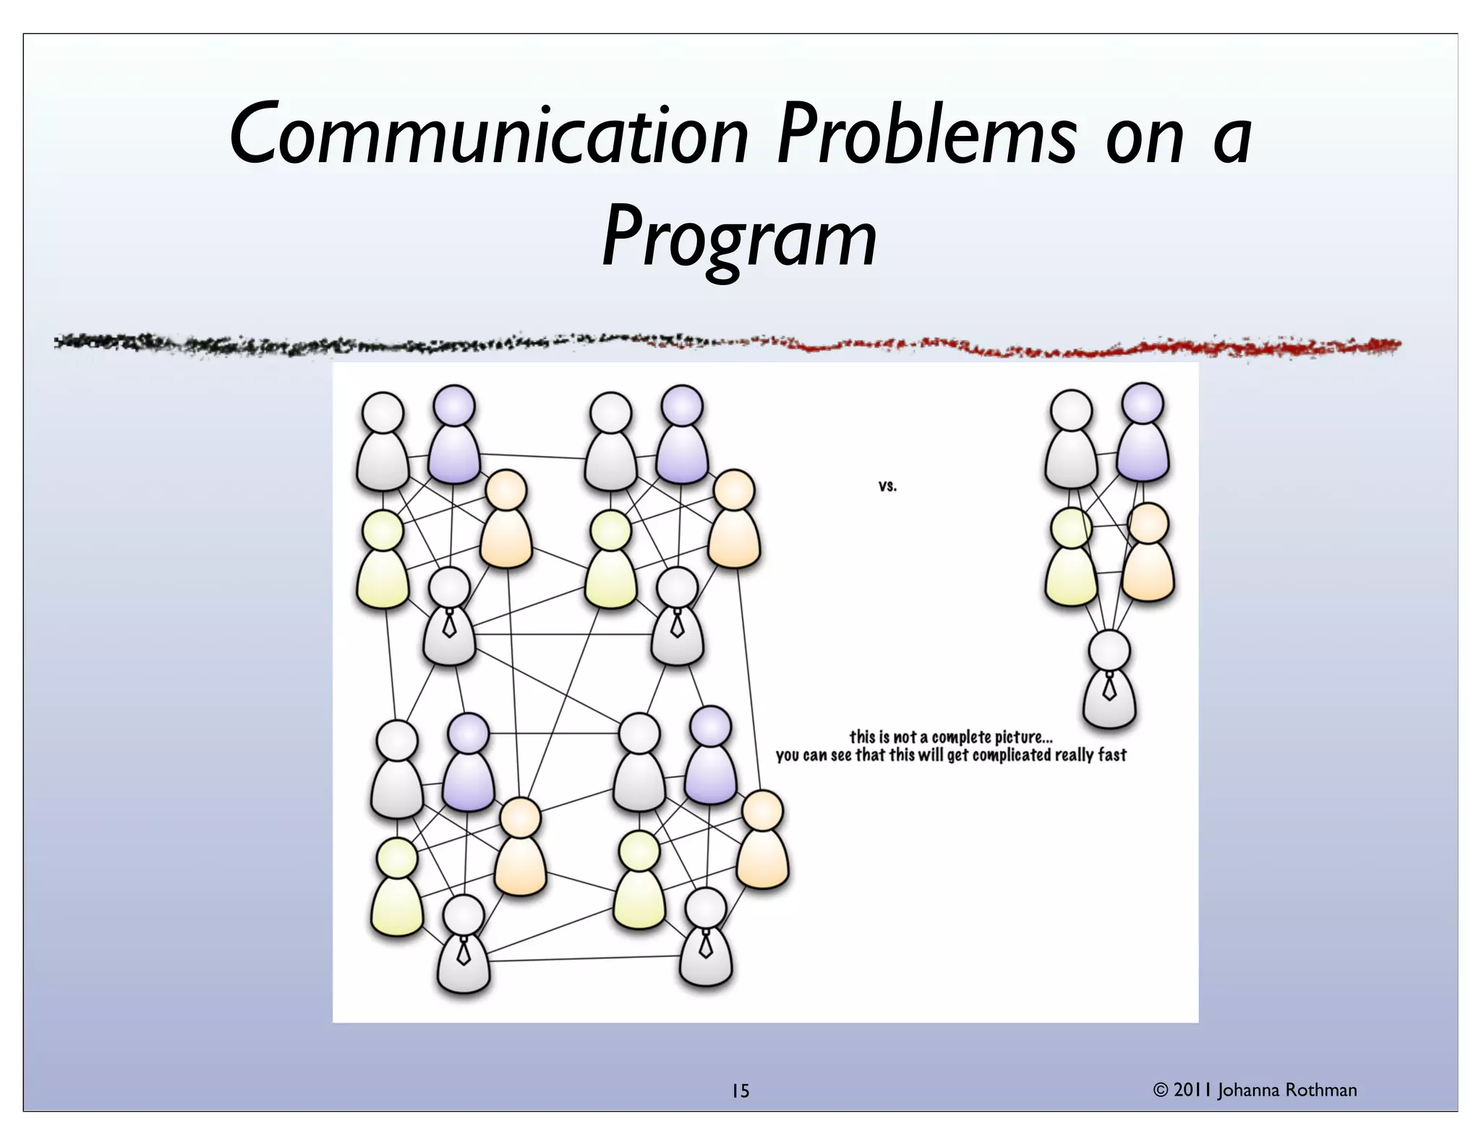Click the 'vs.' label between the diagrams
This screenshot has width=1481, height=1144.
click(887, 486)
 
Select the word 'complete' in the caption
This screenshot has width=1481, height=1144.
click(961, 738)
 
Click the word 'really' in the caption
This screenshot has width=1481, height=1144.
click(1075, 756)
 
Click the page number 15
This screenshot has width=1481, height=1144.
click(740, 1091)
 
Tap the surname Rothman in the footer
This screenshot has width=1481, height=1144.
click(1320, 1090)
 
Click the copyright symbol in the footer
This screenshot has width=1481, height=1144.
click(1161, 1090)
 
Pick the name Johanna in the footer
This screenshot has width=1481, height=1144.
click(1249, 1090)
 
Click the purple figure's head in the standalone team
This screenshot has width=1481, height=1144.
click(1143, 404)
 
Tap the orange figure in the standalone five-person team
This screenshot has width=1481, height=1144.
click(1148, 557)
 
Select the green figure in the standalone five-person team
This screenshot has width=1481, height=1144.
click(1071, 560)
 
